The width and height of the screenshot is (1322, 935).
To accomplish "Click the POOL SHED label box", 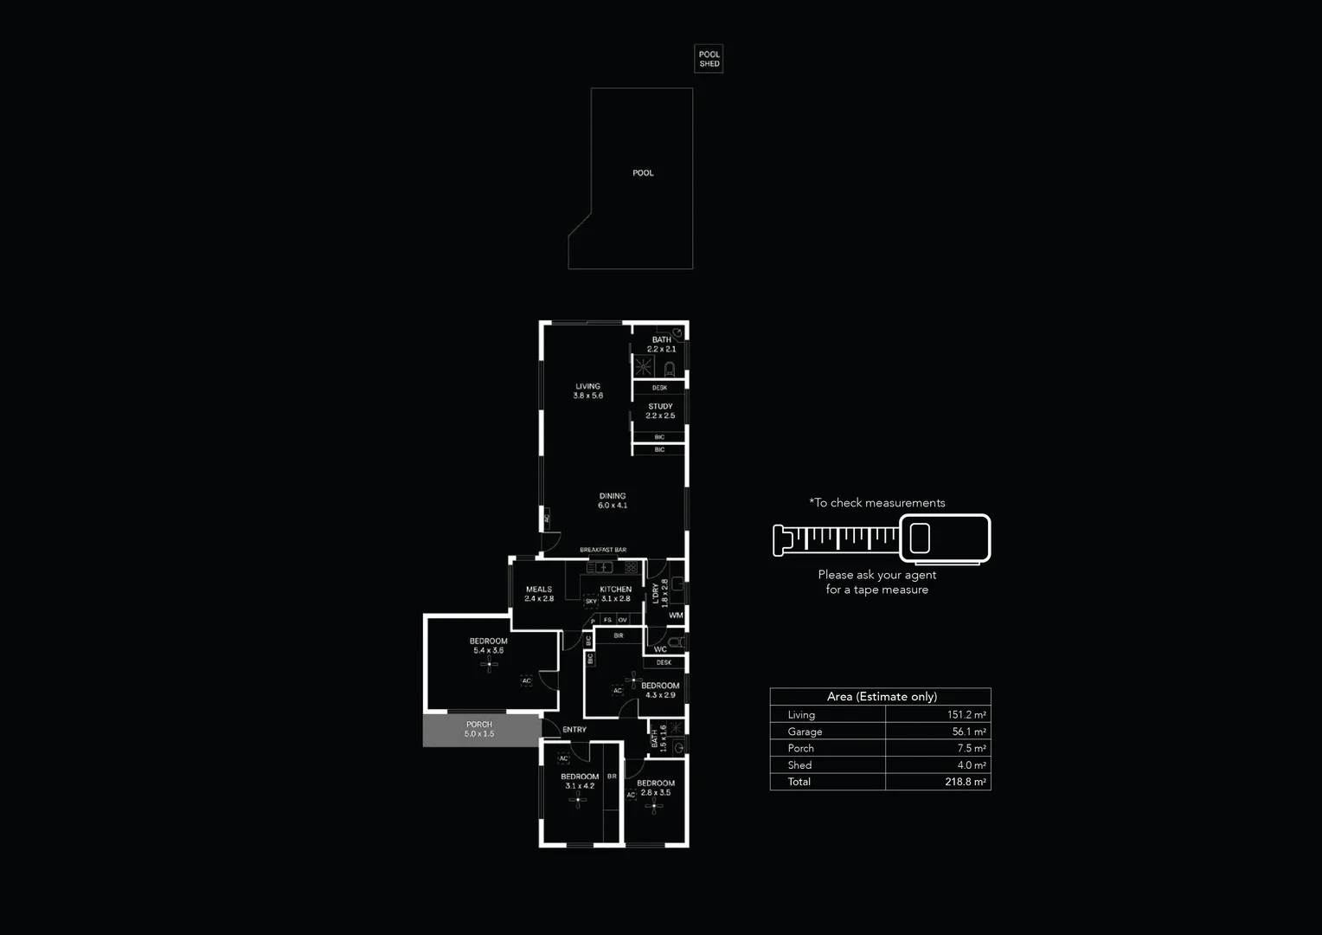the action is (709, 59).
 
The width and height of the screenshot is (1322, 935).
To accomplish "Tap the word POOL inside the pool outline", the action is (643, 173).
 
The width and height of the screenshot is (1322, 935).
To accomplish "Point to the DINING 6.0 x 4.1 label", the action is (613, 500).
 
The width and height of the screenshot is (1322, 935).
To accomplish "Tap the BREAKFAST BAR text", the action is (603, 550).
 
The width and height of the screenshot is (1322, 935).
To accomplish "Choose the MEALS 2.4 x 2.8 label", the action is (539, 594).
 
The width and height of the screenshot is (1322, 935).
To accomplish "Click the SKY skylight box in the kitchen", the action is (591, 601).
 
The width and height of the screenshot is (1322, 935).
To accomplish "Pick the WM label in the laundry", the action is (676, 616).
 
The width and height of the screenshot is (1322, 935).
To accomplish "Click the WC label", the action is (660, 648).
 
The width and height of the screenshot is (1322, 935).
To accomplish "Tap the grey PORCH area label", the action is (479, 729).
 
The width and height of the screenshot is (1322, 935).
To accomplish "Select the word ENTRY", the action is (574, 730).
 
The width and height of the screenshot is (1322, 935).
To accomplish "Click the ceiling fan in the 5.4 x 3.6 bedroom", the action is (489, 664).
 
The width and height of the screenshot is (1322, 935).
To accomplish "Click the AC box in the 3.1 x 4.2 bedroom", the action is (563, 758).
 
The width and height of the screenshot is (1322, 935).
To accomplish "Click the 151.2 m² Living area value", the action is (966, 715).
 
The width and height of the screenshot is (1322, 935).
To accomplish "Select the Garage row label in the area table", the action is (805, 732).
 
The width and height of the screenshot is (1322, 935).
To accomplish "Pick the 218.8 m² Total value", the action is (966, 782).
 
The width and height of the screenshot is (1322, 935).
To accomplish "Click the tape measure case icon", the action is (945, 538).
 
